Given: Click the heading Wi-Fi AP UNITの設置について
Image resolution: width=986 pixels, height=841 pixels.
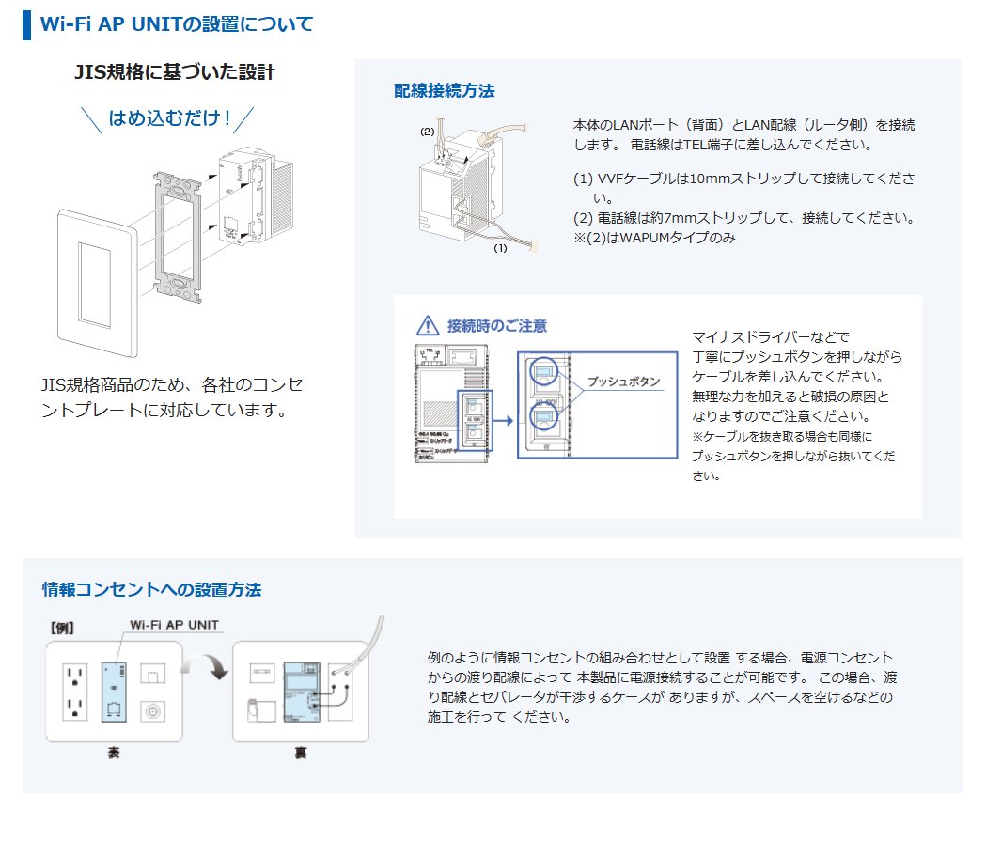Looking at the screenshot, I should click(177, 23).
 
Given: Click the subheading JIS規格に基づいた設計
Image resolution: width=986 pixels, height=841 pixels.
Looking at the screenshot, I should click(175, 72).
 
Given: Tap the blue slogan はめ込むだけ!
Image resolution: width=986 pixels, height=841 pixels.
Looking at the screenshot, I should click(169, 118).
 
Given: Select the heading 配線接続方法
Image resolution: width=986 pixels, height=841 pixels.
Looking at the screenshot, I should click(444, 91).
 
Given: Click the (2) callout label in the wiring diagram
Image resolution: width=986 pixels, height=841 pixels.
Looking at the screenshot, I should click(427, 132).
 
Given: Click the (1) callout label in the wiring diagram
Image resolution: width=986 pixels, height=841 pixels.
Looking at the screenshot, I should click(500, 249).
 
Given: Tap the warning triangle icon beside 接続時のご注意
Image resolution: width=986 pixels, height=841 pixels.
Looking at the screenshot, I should click(428, 326).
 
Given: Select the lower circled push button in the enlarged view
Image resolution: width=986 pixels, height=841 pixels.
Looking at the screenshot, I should click(542, 414).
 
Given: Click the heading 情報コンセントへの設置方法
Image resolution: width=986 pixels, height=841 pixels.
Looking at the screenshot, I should click(151, 590).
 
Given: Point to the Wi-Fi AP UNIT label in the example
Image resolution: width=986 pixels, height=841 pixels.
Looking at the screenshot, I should click(174, 624).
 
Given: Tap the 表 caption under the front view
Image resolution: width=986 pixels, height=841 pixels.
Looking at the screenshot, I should click(114, 753).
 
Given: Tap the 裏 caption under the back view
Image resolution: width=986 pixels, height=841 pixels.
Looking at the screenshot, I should click(300, 753).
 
